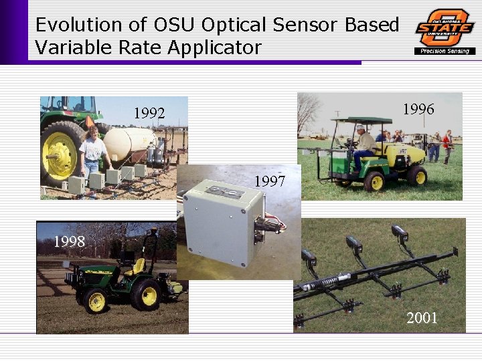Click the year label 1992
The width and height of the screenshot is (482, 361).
(x=149, y=114)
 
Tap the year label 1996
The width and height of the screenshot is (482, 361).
(x=418, y=109)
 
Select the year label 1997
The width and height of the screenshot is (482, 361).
(x=270, y=181)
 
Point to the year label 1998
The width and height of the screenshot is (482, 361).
(x=70, y=241)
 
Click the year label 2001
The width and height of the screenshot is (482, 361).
(x=422, y=318)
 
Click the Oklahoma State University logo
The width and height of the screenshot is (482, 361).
(x=445, y=27)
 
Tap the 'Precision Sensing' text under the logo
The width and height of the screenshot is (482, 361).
(x=445, y=51)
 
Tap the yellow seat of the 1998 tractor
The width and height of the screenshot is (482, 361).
(x=137, y=267)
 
